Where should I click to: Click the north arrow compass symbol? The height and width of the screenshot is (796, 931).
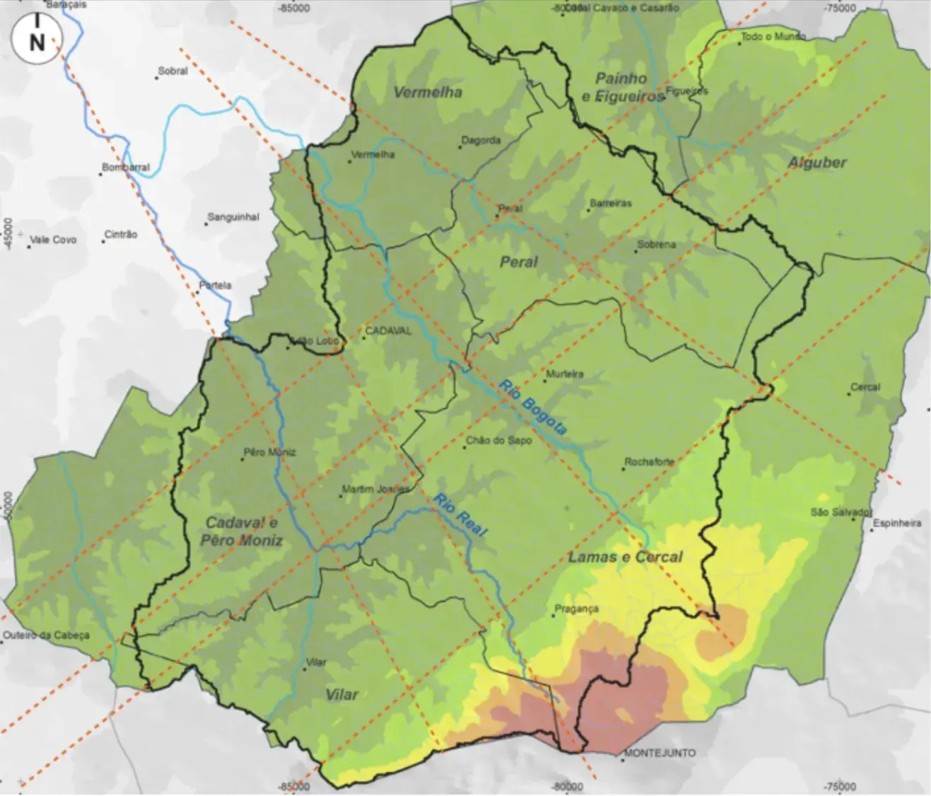pyautogui.click(x=36, y=40)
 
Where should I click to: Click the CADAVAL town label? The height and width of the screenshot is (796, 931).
pyautogui.click(x=386, y=331)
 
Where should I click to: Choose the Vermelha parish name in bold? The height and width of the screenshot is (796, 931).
pyautogui.click(x=428, y=93)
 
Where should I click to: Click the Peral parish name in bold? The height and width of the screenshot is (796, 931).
pyautogui.click(x=519, y=262)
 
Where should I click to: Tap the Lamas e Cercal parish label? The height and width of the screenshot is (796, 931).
pyautogui.click(x=625, y=558)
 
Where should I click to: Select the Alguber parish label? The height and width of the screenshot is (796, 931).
pyautogui.click(x=817, y=163)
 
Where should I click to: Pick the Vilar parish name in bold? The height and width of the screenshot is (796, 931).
pyautogui.click(x=341, y=694)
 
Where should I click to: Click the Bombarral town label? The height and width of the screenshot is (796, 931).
pyautogui.click(x=127, y=168)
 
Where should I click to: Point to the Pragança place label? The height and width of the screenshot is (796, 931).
pyautogui.click(x=576, y=608)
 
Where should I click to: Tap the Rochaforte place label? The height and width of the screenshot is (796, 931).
pyautogui.click(x=649, y=463)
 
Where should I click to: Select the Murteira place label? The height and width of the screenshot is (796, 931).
pyautogui.click(x=564, y=374)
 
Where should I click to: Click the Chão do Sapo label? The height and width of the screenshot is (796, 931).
pyautogui.click(x=499, y=441)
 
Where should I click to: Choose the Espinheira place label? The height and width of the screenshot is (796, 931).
pyautogui.click(x=897, y=524)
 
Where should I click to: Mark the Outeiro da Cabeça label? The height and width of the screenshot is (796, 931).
pyautogui.click(x=47, y=635)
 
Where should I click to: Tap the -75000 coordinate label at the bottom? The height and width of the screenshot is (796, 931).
pyautogui.click(x=838, y=787)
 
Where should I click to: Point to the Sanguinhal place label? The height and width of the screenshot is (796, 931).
pyautogui.click(x=233, y=217)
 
